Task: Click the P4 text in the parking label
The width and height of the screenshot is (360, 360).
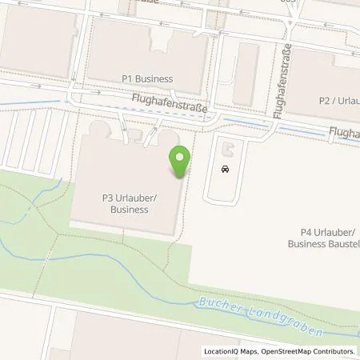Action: point(298,233)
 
